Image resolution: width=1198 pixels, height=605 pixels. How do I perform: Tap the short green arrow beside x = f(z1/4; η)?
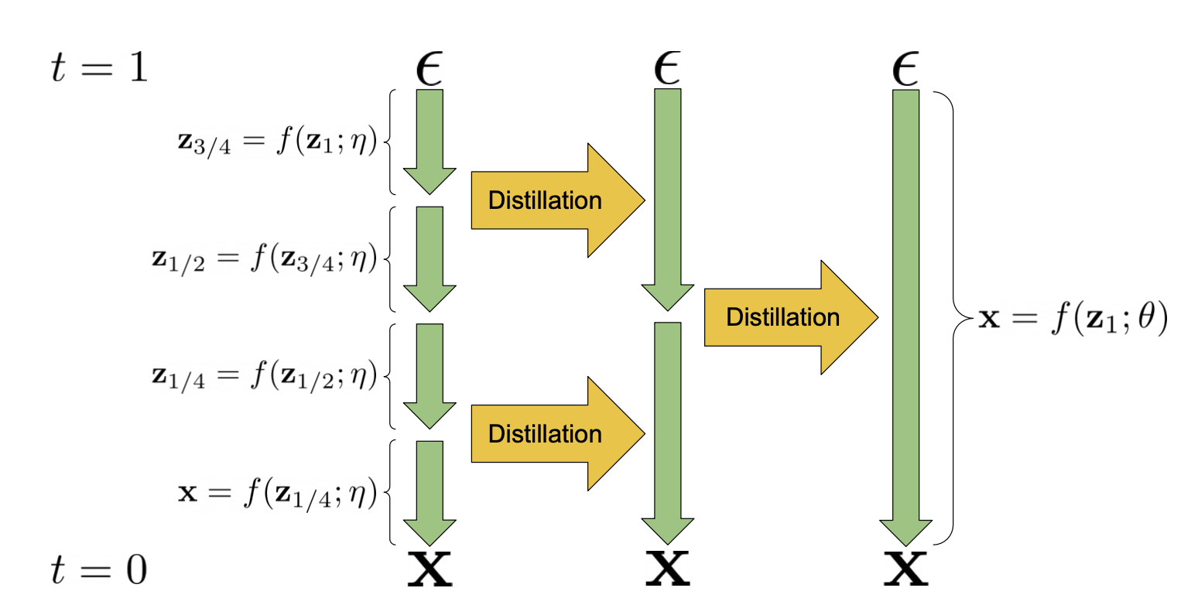pyautogui.click(x=430, y=492)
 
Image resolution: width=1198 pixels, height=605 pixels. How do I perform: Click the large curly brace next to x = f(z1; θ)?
pyautogui.click(x=953, y=318)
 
